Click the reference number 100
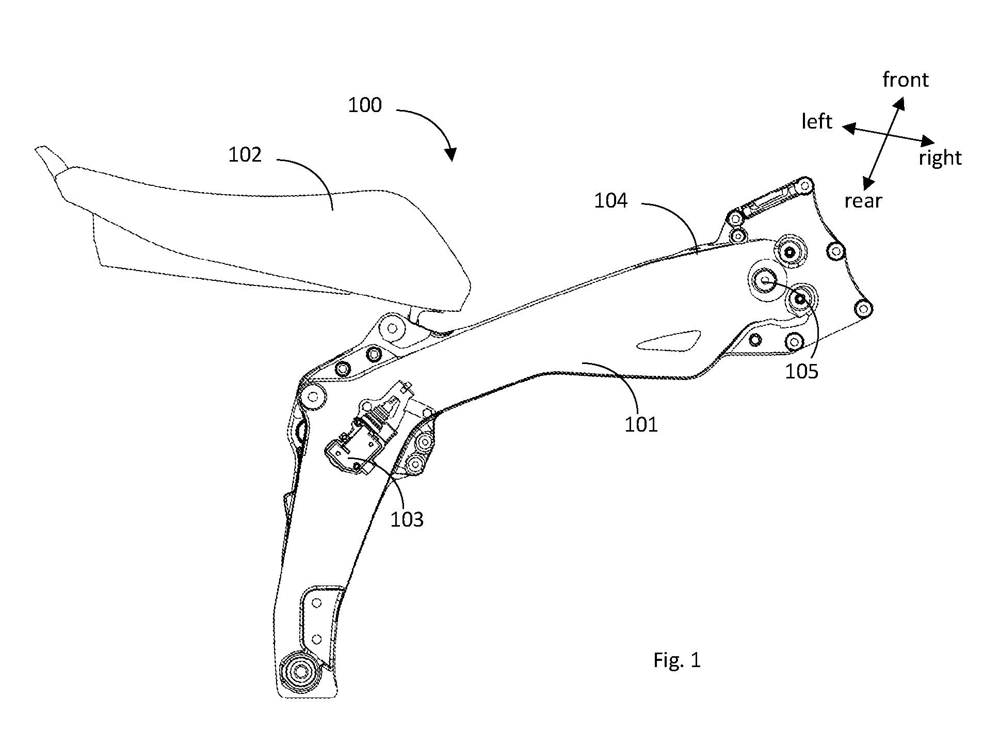coord(365,105)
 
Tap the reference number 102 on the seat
coord(245,155)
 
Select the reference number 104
coord(610,200)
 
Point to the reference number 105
coord(802,371)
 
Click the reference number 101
coord(641,424)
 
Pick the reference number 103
coord(407,519)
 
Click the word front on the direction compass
coord(906,80)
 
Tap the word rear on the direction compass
coord(863,201)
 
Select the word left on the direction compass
coord(817,121)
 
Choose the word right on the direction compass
coord(940,158)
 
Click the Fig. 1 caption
coord(677,660)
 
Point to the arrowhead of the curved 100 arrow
coord(451,155)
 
